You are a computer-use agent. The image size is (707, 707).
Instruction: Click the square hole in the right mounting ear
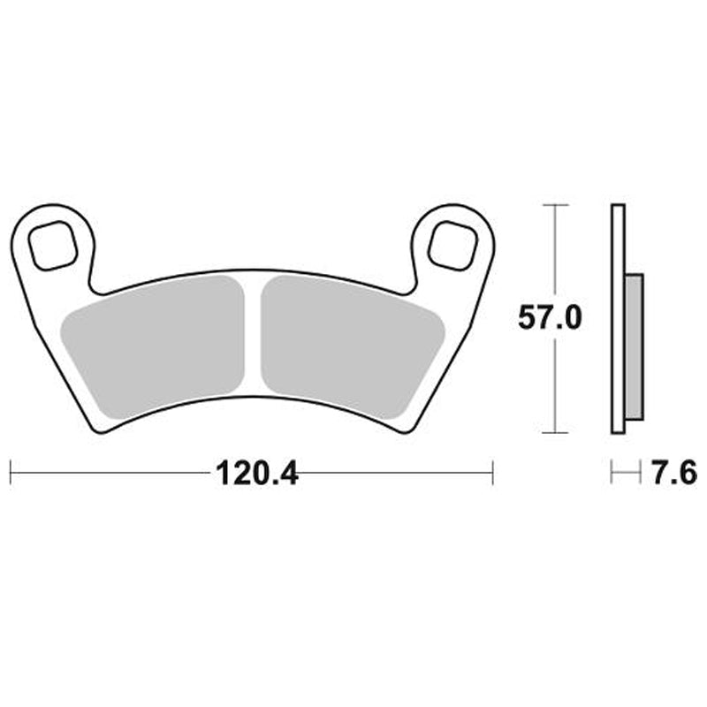coord(451,244)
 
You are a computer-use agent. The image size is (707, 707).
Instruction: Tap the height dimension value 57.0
coord(549,318)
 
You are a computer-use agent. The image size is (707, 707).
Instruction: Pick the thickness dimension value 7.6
coord(673,474)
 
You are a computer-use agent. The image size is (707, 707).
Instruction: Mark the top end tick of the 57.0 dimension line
coord(554,204)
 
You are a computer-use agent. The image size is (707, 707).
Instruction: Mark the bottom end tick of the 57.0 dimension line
coord(554,432)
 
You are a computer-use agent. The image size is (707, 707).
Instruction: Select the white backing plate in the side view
coord(618,318)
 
